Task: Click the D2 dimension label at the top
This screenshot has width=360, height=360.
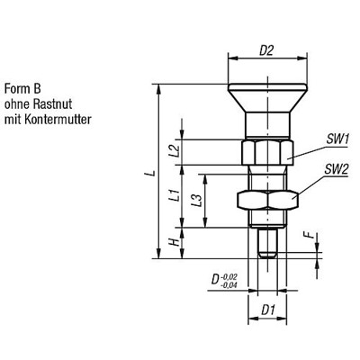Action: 267,51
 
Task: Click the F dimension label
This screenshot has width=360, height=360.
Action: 306,238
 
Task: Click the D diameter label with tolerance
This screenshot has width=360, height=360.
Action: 215,282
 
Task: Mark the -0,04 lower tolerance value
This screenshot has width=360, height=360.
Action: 232,285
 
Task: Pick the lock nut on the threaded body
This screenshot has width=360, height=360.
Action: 267,200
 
